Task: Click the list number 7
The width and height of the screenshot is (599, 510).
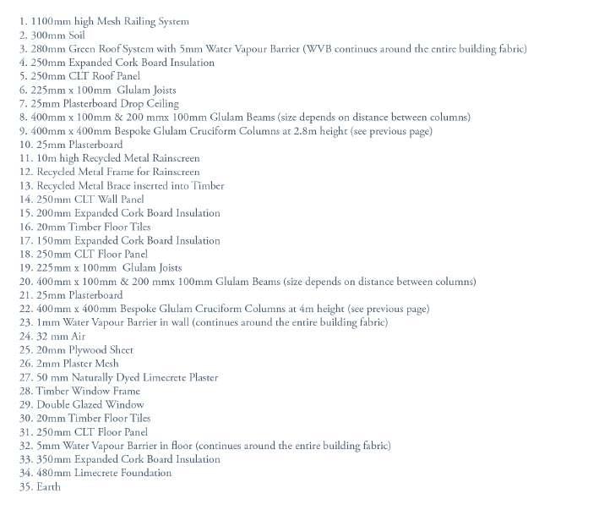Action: [24, 103]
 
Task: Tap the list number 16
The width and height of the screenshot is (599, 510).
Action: [26, 227]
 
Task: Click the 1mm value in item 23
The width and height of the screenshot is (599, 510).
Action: [48, 322]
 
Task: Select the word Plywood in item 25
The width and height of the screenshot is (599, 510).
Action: [88, 350]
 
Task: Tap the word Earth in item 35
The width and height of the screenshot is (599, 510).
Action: [48, 487]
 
